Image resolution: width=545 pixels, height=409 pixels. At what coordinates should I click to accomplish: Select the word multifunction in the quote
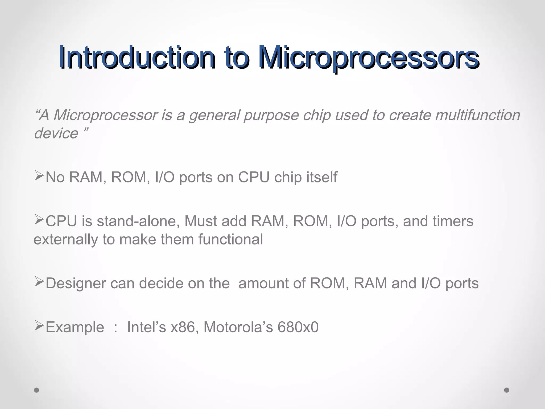pyautogui.click(x=478, y=115)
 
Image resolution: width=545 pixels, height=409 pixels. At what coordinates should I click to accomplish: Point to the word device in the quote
pyautogui.click(x=56, y=133)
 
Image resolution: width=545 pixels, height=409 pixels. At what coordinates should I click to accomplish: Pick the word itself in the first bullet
pyautogui.click(x=322, y=177)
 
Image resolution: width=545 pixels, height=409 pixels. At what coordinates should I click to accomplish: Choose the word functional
pyautogui.click(x=230, y=239)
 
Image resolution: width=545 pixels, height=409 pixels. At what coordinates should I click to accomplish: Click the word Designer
pyautogui.click(x=76, y=283)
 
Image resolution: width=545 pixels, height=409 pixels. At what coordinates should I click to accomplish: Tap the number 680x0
pyautogui.click(x=298, y=327)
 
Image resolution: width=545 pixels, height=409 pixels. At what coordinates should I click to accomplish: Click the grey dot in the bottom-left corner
pyautogui.click(x=37, y=390)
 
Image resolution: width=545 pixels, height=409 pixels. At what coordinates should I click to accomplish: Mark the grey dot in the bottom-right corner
pyautogui.click(x=507, y=390)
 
